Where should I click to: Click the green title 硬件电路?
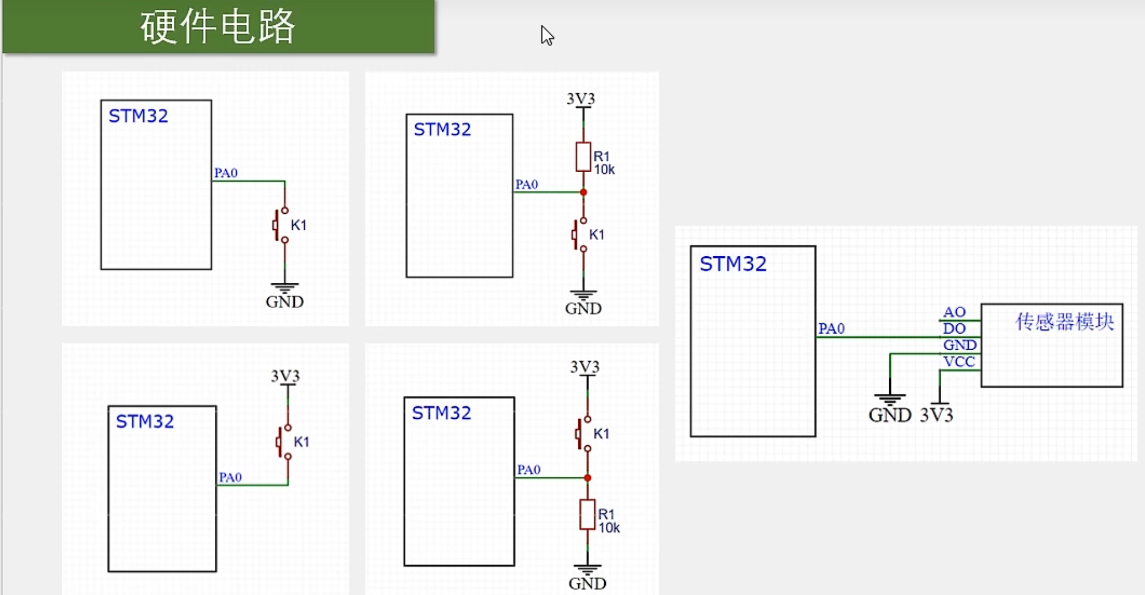point(218,26)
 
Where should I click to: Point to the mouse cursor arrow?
point(547,35)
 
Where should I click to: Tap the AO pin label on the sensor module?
point(954,312)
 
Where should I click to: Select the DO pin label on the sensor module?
point(954,328)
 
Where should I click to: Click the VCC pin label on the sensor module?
point(959,362)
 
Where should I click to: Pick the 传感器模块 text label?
point(1064,321)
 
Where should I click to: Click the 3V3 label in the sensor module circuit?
point(936,415)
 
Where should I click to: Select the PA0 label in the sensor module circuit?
point(831,328)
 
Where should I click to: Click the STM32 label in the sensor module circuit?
point(733,264)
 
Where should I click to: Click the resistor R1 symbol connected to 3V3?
point(583,157)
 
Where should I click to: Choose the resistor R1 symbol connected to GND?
point(587,514)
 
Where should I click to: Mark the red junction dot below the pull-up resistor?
point(583,192)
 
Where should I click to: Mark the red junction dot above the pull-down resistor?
point(587,478)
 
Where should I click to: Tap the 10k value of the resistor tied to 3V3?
point(604,170)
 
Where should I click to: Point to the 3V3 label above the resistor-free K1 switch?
point(285,376)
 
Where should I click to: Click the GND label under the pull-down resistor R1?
point(587,583)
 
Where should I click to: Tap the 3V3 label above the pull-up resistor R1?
point(581,99)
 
